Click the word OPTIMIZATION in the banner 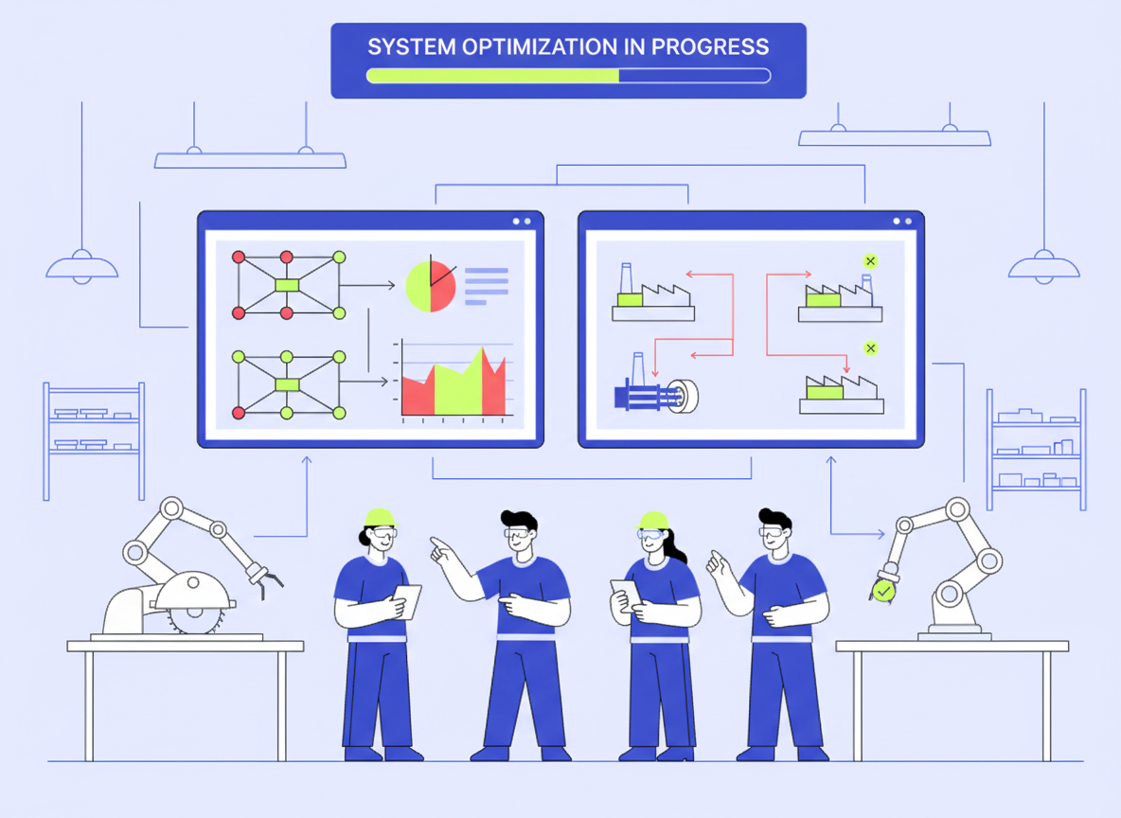(530, 46)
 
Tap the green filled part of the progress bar (492, 76)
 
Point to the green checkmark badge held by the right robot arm (883, 591)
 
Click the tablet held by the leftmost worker (407, 600)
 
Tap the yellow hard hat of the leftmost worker (380, 517)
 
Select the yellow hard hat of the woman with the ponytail (653, 521)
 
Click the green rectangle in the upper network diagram (287, 285)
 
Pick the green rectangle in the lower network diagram (287, 383)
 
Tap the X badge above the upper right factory (870, 261)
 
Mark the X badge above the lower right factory (870, 348)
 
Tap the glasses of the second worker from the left (516, 536)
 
